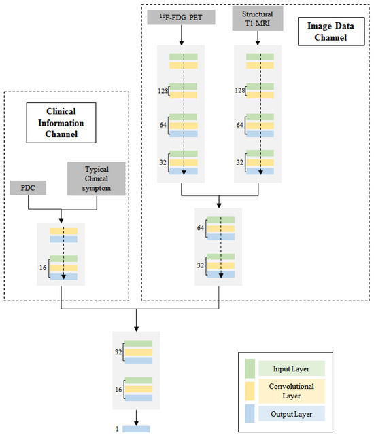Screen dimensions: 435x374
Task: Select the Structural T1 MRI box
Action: tap(256, 18)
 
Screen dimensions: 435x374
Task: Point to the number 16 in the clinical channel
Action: tap(44, 269)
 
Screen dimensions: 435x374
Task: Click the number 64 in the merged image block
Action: tap(201, 227)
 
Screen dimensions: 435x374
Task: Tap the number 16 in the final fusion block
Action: tap(119, 390)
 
